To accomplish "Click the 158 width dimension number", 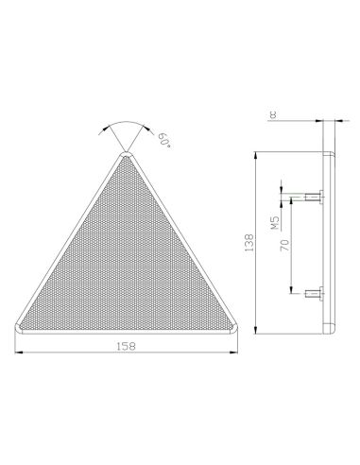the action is click(127, 346).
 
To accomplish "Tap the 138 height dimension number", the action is click(249, 242).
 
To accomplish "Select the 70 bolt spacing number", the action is click(284, 245).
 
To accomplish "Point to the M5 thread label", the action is click(276, 223).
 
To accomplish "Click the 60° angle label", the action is click(164, 140).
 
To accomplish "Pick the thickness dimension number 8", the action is click(273, 114).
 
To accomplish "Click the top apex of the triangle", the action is click(127, 152).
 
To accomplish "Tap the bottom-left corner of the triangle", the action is click(16, 328).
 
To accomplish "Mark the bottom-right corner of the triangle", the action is click(235, 328).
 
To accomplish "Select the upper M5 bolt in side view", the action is click(315, 198).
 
